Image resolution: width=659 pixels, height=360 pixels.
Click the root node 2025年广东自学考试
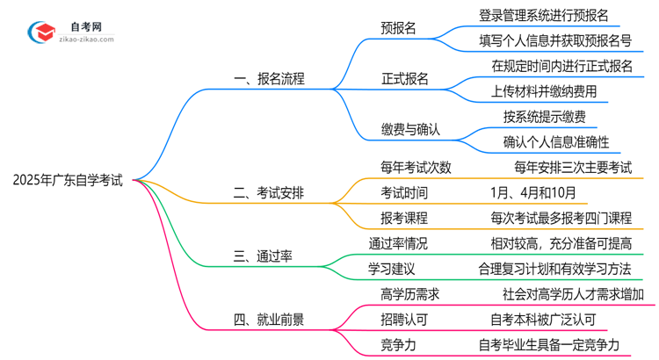click(68, 181)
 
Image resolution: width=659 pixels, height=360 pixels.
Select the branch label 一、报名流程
click(270, 78)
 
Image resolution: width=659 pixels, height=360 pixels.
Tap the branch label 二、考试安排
click(270, 193)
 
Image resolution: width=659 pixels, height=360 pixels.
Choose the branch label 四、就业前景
click(270, 320)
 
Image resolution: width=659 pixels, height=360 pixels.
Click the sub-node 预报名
click(398, 28)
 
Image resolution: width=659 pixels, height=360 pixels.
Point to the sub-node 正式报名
click(405, 78)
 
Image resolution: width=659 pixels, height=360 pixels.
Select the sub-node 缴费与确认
click(410, 129)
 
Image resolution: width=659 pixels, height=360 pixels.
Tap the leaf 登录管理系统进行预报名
click(544, 15)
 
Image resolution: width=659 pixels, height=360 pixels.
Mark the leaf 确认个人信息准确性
click(556, 141)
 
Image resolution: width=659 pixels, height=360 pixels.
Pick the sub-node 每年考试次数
click(416, 168)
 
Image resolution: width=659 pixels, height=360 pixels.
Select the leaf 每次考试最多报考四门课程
click(561, 219)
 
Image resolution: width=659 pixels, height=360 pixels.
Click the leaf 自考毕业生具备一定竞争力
click(561, 345)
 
